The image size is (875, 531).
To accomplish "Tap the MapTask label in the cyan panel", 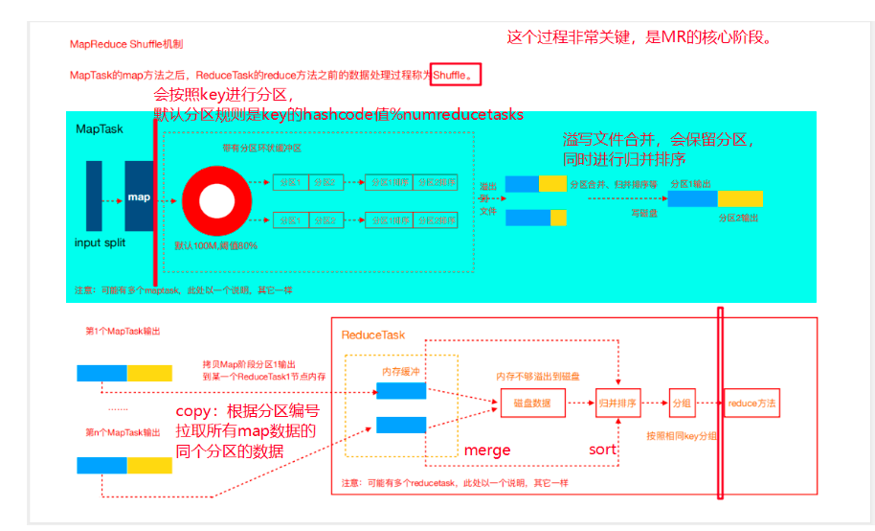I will [x=100, y=128].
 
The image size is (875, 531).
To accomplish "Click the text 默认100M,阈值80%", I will [x=215, y=246].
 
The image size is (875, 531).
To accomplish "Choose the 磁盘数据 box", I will [x=527, y=404].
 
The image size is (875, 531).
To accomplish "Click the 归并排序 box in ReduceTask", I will [x=617, y=404].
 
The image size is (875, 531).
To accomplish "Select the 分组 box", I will [x=682, y=404].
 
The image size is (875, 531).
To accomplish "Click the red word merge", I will [x=487, y=450].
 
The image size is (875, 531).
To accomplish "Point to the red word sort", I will [x=603, y=450].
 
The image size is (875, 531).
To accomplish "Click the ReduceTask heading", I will [x=373, y=335].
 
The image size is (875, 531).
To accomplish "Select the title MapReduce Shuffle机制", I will [x=126, y=45].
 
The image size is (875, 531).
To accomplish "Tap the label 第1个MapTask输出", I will [x=123, y=332].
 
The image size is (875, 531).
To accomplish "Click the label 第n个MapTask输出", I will [x=123, y=432].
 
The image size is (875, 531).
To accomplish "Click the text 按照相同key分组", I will [x=683, y=436].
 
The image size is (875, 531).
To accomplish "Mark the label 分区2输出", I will [x=738, y=218].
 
